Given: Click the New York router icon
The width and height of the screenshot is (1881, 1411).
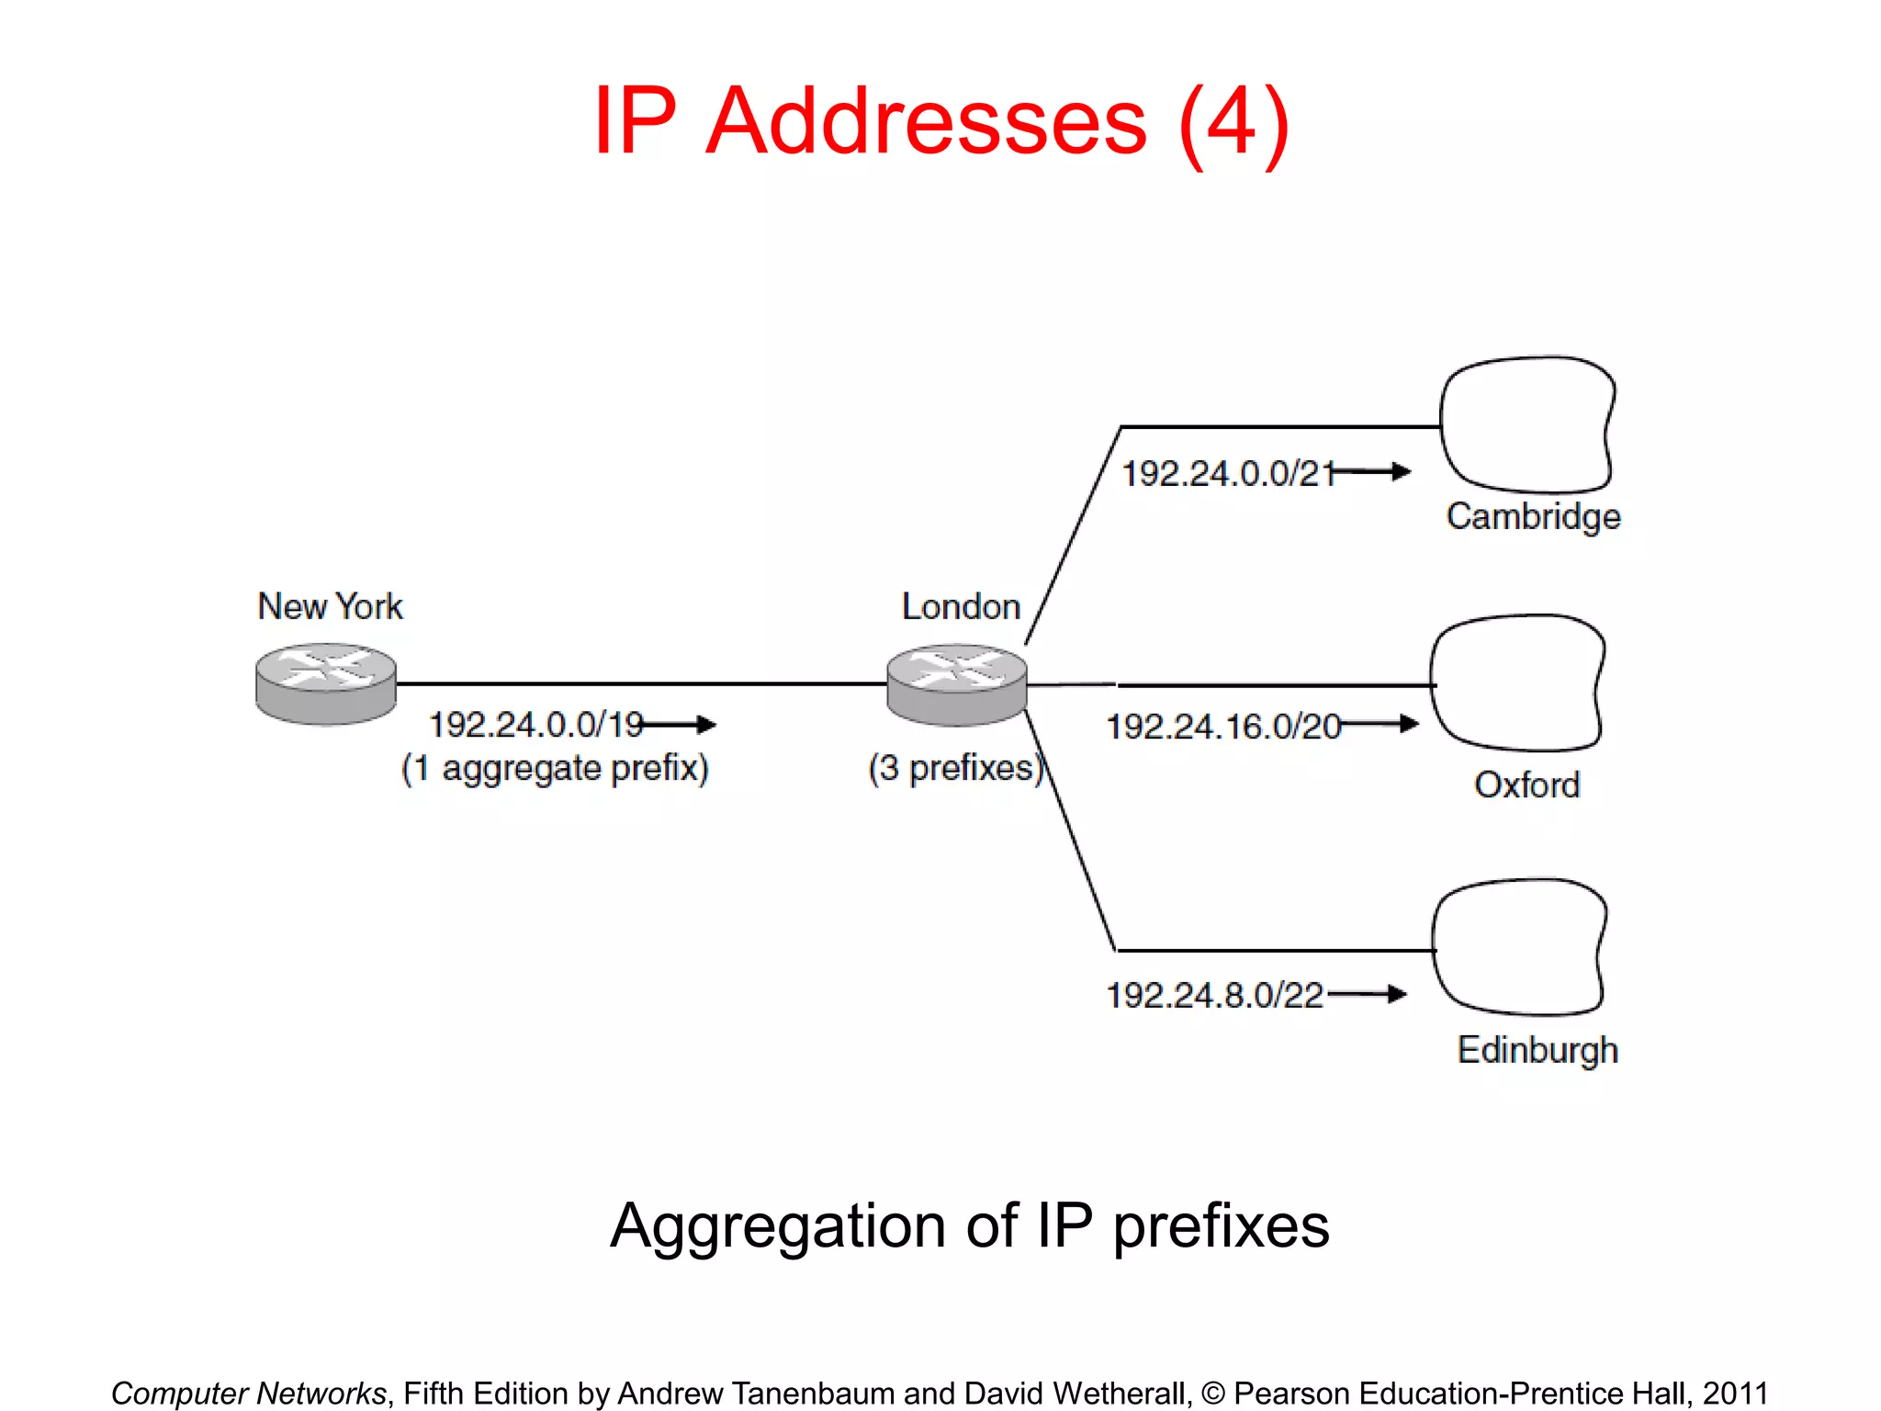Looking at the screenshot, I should click(x=326, y=684).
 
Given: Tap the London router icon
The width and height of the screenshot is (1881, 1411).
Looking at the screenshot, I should click(x=956, y=684).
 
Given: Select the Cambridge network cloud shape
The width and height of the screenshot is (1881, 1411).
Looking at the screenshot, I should click(x=1526, y=425).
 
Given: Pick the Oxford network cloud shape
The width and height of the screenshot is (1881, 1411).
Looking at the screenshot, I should click(x=1517, y=683).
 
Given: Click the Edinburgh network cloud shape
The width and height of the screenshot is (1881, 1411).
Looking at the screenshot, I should click(x=1519, y=947).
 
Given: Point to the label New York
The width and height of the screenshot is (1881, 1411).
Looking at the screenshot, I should click(x=330, y=606).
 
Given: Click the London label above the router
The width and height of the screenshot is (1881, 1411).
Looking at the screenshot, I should click(x=961, y=606).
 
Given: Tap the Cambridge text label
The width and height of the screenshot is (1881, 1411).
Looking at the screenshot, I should click(x=1533, y=516).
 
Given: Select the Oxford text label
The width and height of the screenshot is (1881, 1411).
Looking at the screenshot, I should click(x=1526, y=785).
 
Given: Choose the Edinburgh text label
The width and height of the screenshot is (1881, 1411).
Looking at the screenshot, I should click(x=1537, y=1050).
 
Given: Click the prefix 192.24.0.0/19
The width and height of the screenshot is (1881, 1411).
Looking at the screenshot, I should click(x=535, y=725).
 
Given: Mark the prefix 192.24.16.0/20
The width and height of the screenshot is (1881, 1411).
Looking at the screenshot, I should click(x=1222, y=727).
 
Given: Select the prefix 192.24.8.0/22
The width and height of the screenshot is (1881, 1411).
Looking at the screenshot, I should click(x=1214, y=995).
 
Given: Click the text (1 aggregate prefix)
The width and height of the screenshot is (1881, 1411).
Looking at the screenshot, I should click(x=555, y=768).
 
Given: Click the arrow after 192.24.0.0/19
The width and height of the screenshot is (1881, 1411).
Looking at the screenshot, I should click(x=681, y=725).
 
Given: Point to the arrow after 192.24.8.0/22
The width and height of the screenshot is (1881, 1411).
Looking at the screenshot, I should click(x=1369, y=994).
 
